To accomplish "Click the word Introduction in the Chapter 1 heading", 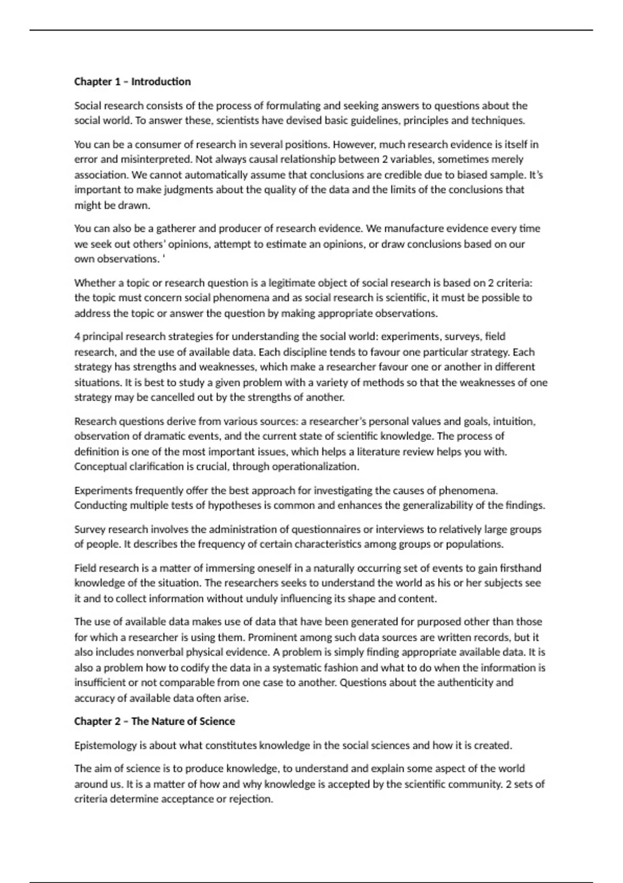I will [x=161, y=82].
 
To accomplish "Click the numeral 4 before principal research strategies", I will [x=77, y=337].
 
